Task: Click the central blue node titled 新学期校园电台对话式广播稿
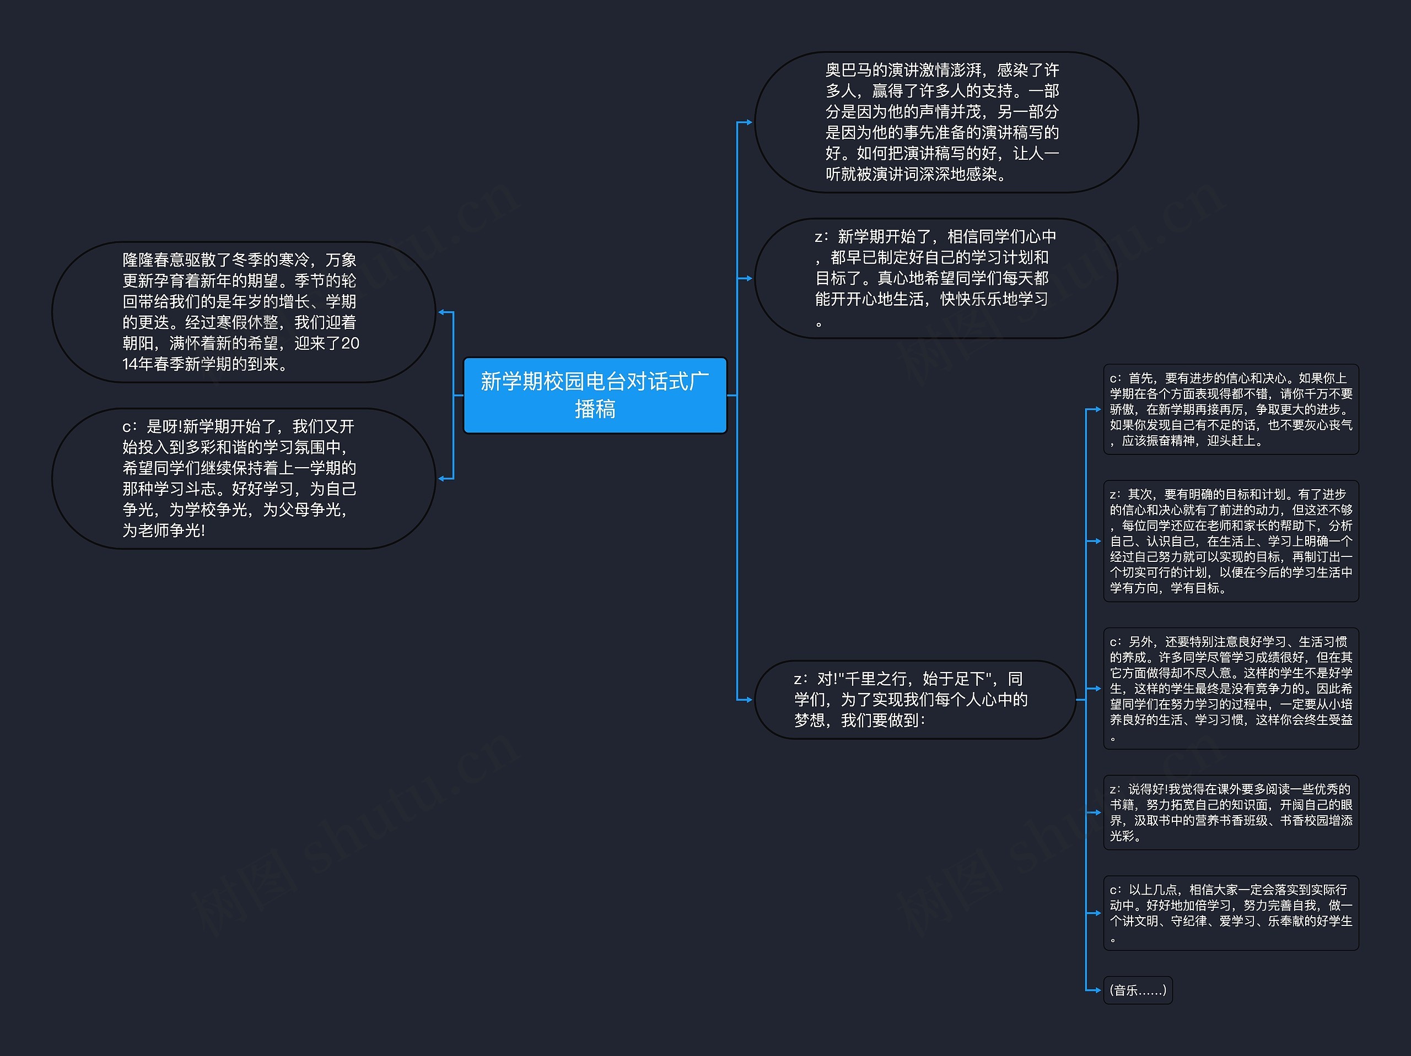(x=595, y=395)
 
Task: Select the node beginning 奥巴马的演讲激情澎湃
(x=946, y=122)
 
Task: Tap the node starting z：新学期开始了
(x=935, y=278)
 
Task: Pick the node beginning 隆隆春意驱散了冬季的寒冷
(x=243, y=312)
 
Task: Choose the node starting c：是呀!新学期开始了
(x=243, y=478)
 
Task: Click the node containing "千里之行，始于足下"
(x=914, y=700)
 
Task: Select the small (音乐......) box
(x=1138, y=990)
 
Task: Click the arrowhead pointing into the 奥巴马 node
(x=749, y=122)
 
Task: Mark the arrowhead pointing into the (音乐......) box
(x=1097, y=990)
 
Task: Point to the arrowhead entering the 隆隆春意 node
(x=441, y=312)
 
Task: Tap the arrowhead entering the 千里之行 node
(x=749, y=700)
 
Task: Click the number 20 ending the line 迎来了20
(x=350, y=344)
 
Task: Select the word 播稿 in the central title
(x=595, y=409)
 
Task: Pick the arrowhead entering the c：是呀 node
(x=441, y=478)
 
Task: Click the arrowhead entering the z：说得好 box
(x=1097, y=813)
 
